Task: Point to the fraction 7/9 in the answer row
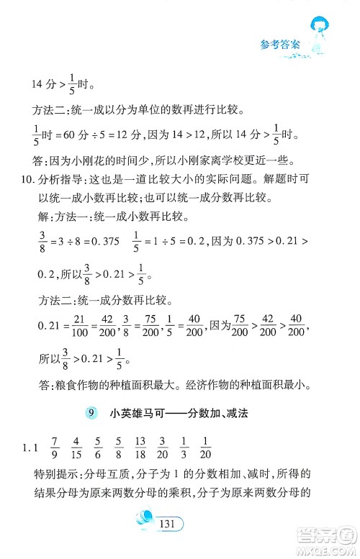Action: (54, 446)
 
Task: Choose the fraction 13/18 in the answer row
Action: (142, 446)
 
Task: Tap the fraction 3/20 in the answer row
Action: (163, 446)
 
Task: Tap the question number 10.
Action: (24, 178)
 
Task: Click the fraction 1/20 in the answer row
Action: (205, 446)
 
